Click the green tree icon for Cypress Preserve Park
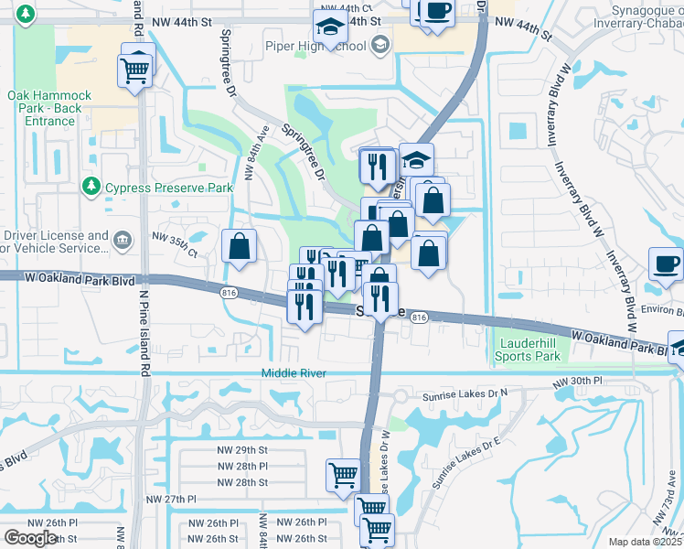pos(91,188)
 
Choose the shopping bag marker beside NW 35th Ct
pos(239,246)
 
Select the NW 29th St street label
pos(242,450)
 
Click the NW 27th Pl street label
pos(172,500)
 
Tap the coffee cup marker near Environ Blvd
pos(666,264)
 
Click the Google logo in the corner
pos(30,538)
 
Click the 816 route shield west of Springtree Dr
pos(229,293)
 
